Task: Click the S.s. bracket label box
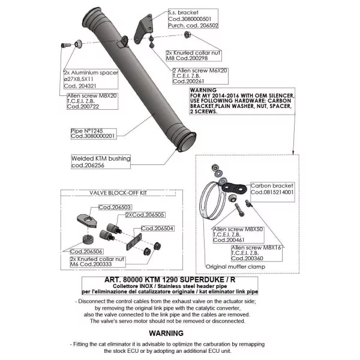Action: coord(193,19)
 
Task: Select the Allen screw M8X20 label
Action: coord(92,101)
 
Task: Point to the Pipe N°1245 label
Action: coord(94,134)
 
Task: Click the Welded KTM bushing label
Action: coord(101,161)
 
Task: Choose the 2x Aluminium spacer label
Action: coord(91,79)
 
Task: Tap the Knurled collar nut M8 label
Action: coord(194,56)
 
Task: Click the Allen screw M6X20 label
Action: coord(200,76)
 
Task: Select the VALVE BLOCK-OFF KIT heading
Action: coord(118,193)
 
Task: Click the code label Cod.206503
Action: coord(115,208)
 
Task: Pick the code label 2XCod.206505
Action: coord(145,215)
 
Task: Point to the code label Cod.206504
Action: coord(157,229)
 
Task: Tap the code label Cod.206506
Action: coord(86,251)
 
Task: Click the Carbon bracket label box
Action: coord(272,192)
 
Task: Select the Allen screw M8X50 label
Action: coord(238,235)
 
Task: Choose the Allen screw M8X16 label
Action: coord(257,253)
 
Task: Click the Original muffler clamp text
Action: coord(236,267)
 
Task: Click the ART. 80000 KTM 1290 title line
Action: coord(170,280)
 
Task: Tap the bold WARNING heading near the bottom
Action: coord(166,333)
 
